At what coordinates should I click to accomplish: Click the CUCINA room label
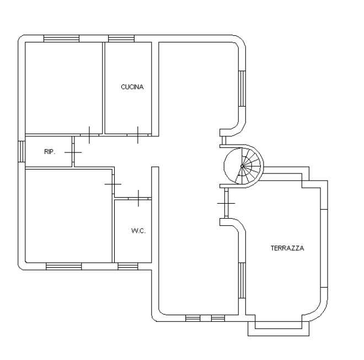(x=132, y=87)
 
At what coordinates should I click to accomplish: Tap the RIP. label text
(x=50, y=152)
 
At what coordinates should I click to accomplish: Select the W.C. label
(x=138, y=231)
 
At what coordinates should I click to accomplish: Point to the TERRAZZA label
(x=287, y=248)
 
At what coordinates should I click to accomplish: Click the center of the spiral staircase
(x=242, y=166)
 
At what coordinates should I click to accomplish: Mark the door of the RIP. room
(x=73, y=152)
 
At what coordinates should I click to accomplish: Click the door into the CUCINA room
(x=138, y=135)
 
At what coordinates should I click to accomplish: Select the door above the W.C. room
(x=138, y=198)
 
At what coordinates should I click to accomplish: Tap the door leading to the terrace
(x=226, y=203)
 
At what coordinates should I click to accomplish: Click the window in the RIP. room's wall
(x=22, y=151)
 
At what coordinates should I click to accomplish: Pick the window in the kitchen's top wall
(x=121, y=39)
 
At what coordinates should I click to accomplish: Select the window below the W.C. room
(x=128, y=266)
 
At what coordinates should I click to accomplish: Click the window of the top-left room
(x=62, y=39)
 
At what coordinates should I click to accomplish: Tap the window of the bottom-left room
(x=64, y=266)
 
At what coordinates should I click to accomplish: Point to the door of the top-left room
(x=89, y=135)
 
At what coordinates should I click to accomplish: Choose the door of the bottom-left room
(x=113, y=184)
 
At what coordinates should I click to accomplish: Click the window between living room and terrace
(x=242, y=280)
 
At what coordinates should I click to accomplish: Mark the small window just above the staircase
(x=224, y=140)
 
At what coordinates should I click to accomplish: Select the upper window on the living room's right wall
(x=242, y=89)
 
